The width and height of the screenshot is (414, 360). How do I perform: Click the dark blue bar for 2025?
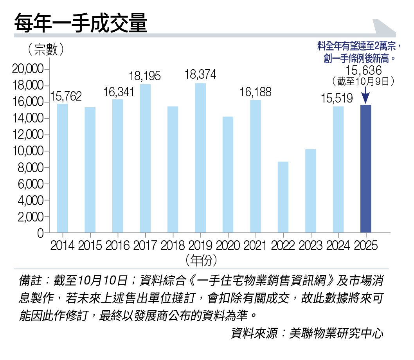[x=366, y=169]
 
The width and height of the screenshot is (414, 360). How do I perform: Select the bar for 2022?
[x=283, y=197]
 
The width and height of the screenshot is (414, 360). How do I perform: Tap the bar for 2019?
[x=200, y=158]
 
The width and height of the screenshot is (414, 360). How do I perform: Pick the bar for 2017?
[x=145, y=158]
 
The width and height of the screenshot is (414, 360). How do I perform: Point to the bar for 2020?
[x=228, y=175]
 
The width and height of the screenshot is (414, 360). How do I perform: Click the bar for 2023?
[x=311, y=191]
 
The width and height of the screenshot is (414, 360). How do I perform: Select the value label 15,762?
[x=66, y=96]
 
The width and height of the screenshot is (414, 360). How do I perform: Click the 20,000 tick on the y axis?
[x=28, y=70]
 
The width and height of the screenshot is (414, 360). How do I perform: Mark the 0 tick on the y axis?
[x=40, y=233]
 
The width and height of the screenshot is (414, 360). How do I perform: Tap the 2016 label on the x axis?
[x=117, y=245]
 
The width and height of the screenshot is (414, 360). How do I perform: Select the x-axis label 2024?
[x=338, y=245]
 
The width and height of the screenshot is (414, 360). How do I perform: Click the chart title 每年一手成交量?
[x=81, y=24]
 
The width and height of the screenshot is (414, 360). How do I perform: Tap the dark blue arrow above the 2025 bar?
[x=365, y=95]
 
